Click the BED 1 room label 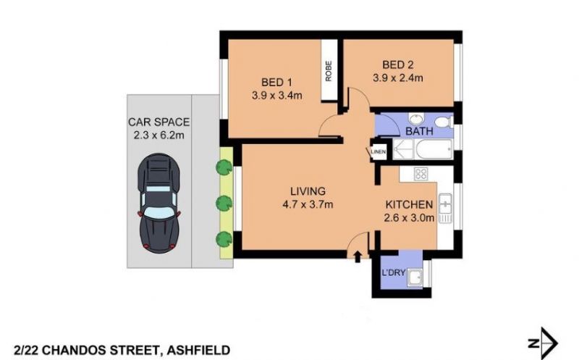(276, 82)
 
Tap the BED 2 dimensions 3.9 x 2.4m (397, 78)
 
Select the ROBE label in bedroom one (329, 71)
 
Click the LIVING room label (308, 191)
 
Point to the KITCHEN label (409, 204)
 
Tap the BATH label (419, 131)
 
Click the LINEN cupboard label (378, 151)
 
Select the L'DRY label (393, 273)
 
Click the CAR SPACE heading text (159, 122)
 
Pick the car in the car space (159, 204)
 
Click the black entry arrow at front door (358, 256)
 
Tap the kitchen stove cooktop (420, 174)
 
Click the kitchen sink (445, 208)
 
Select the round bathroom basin (416, 120)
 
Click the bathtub (434, 149)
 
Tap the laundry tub (415, 278)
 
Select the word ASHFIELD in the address (198, 350)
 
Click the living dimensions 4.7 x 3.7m (308, 204)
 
